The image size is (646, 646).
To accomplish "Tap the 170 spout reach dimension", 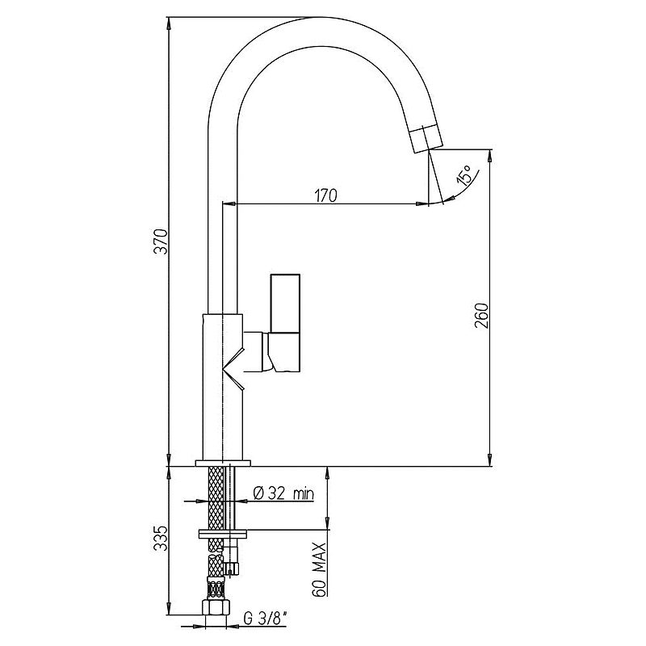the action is [x=326, y=195].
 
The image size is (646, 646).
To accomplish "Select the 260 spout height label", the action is [x=481, y=316].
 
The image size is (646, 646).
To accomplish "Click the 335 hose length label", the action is [x=161, y=538].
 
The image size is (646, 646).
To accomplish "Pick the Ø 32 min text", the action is [x=283, y=493].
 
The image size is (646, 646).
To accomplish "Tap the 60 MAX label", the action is [x=319, y=569].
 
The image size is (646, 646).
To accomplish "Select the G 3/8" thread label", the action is [x=266, y=618].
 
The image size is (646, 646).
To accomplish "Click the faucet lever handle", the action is [x=285, y=323].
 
